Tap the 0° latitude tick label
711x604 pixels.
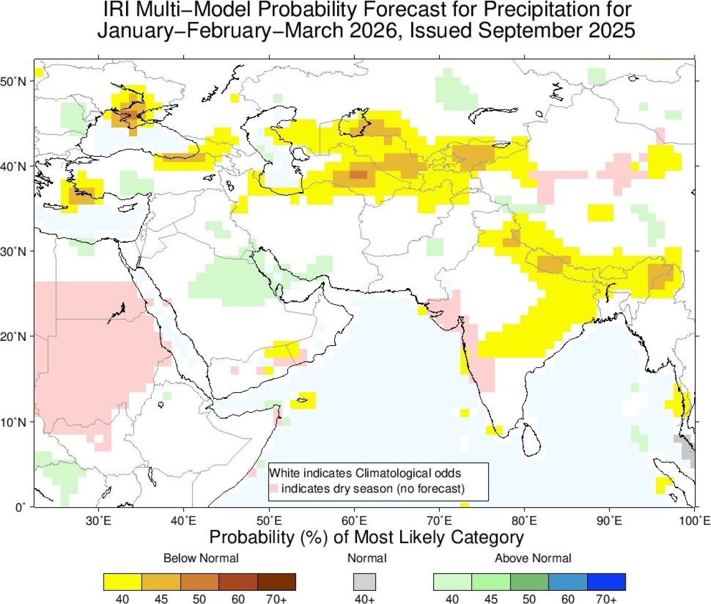coord(19,507)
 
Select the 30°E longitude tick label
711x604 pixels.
coord(98,521)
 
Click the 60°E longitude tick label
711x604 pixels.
coord(354,521)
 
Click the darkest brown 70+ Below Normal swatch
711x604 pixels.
coord(276,582)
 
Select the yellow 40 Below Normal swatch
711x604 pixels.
coord(122,582)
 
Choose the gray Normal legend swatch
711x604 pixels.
coord(365,582)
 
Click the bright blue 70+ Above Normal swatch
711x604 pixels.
coord(606,582)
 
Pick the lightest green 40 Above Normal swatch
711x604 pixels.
coord(453,582)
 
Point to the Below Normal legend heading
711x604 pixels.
coord(201,558)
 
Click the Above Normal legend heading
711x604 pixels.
coord(533,558)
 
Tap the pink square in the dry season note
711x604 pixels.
coord(274,489)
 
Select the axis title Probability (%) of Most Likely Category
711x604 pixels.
coord(366,537)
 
